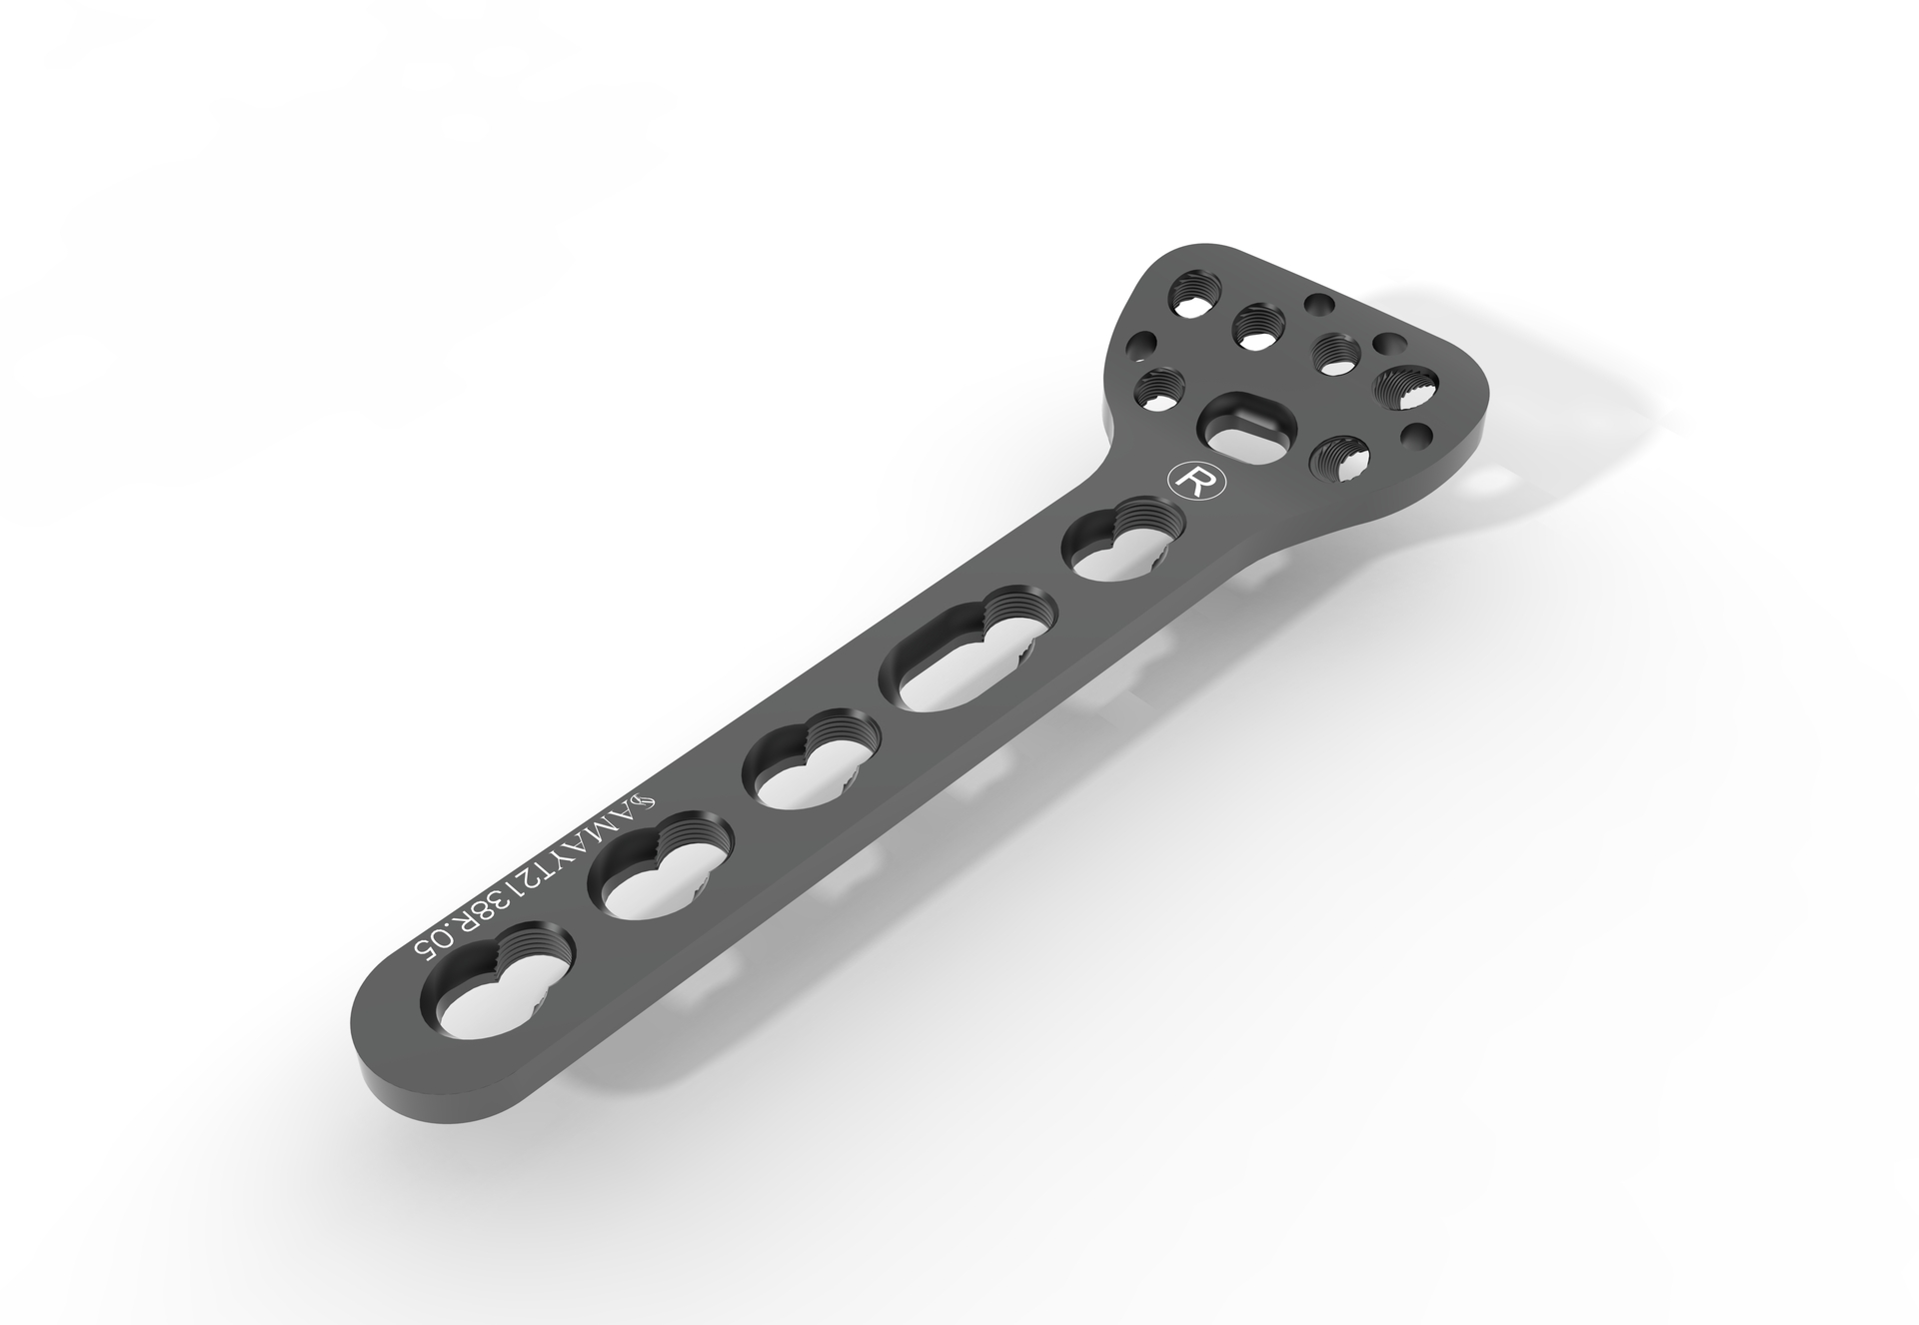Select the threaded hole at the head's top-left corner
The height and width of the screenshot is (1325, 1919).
click(1193, 297)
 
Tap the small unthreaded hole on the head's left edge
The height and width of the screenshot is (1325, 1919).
click(1138, 348)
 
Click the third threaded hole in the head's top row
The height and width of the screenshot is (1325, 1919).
click(1333, 353)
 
